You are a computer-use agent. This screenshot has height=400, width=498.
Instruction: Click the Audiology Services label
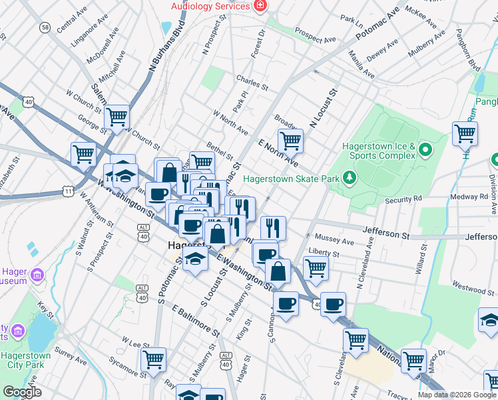pyautogui.click(x=210, y=6)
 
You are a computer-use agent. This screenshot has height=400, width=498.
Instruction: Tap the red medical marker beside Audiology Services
pyautogui.click(x=260, y=6)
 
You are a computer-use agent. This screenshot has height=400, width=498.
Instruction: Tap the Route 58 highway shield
pyautogui.click(x=45, y=27)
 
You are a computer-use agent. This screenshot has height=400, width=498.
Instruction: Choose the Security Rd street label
pyautogui.click(x=403, y=199)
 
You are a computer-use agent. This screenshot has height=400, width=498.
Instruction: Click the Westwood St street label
pyautogui.click(x=473, y=289)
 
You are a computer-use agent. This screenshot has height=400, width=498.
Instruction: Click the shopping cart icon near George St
pyautogui.click(x=117, y=118)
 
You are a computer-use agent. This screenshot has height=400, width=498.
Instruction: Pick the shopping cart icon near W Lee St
pyautogui.click(x=154, y=361)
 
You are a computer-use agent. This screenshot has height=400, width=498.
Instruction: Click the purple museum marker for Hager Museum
pyautogui.click(x=37, y=275)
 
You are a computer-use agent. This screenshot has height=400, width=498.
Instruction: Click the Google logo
pyautogui.click(x=22, y=392)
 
